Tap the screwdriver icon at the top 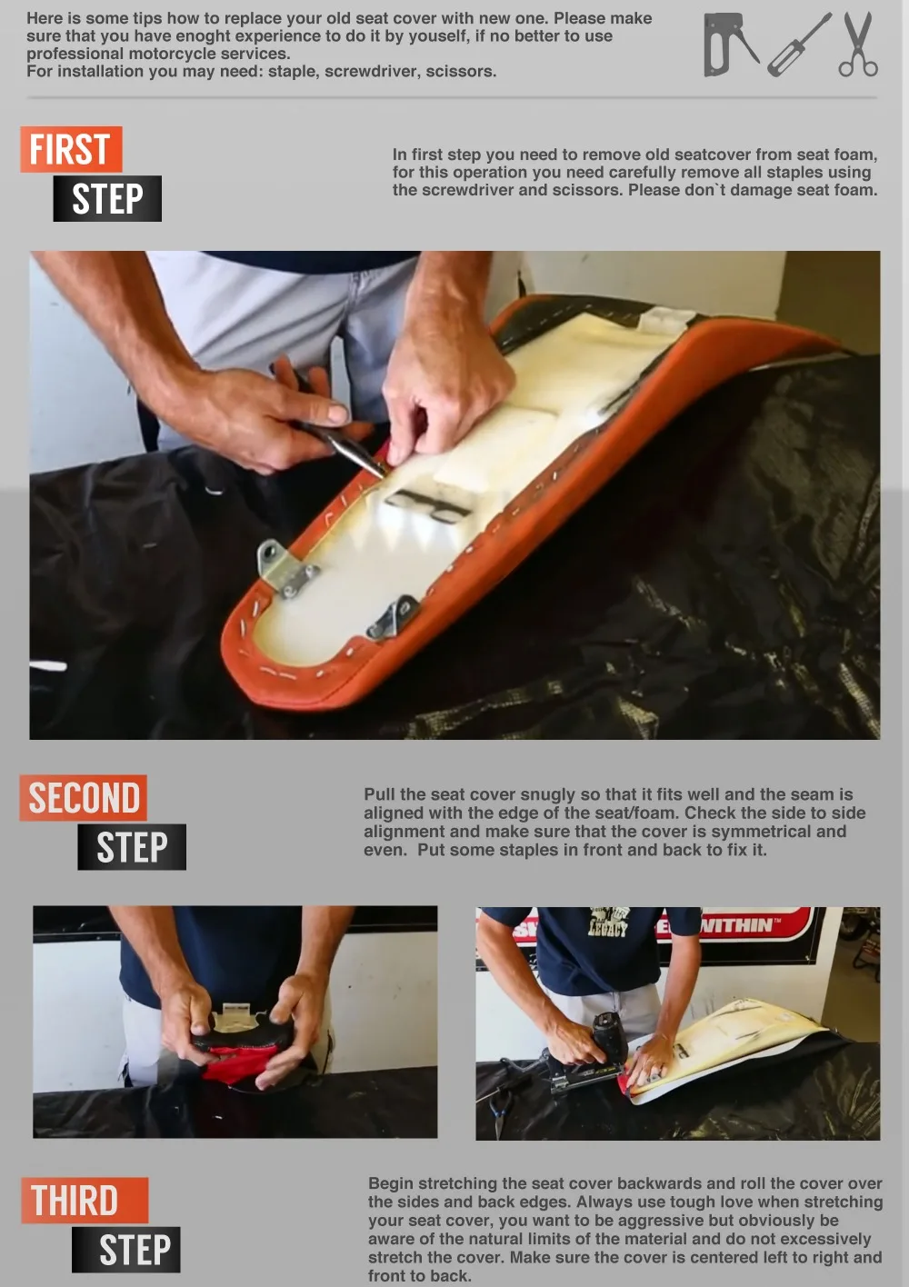(x=799, y=45)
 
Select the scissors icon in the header (x=858, y=45)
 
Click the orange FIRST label (x=71, y=149)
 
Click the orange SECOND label (x=84, y=798)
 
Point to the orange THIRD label (x=85, y=1201)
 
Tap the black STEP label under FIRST (x=107, y=199)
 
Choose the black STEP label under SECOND (x=132, y=847)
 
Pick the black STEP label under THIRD (x=125, y=1250)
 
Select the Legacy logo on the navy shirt (x=609, y=923)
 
